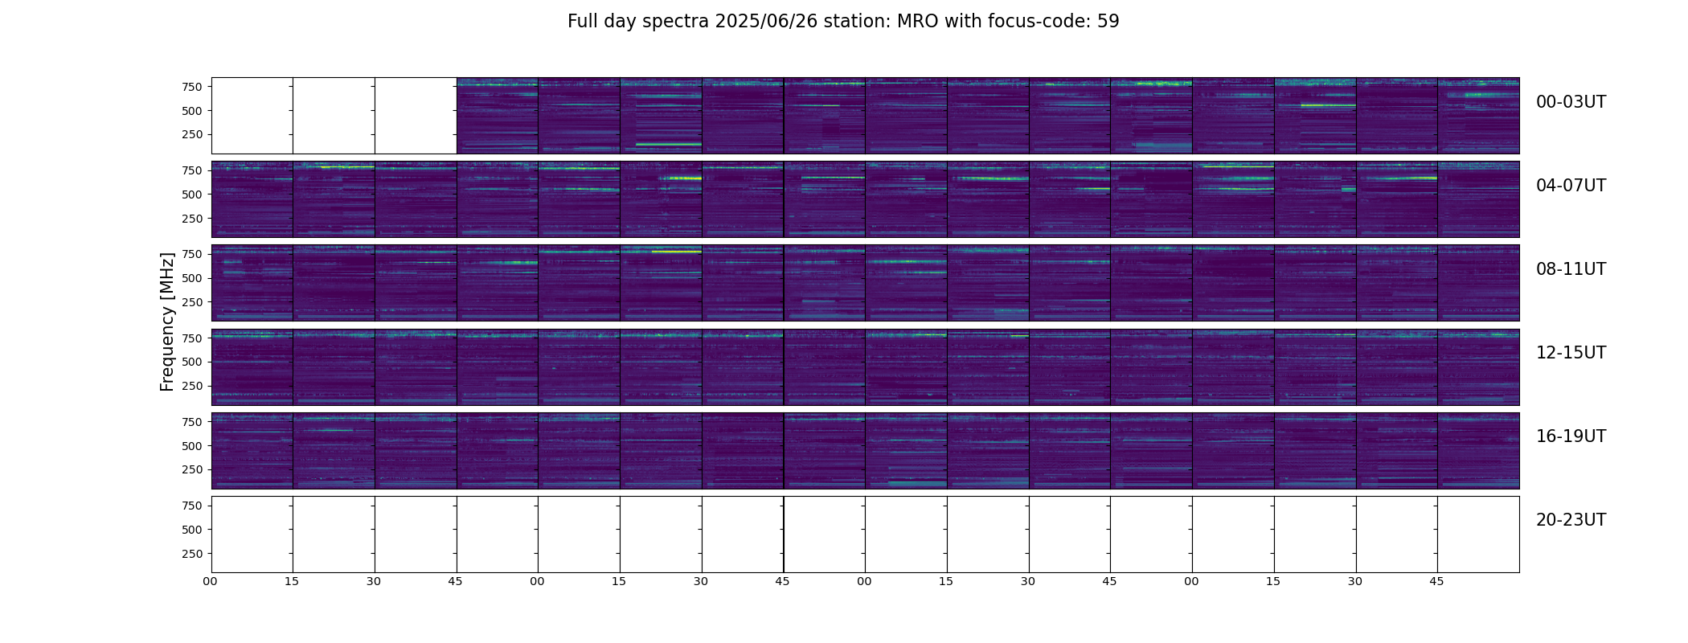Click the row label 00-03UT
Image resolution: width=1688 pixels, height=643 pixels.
(1571, 102)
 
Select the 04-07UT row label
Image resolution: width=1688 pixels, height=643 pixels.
(1571, 186)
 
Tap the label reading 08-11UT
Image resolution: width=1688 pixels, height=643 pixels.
(1571, 269)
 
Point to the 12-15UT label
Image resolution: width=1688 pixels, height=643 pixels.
(1571, 353)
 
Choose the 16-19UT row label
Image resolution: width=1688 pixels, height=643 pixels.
(1571, 436)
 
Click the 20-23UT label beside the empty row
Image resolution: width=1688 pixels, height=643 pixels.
(1571, 520)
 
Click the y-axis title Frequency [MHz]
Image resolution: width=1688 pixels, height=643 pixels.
(167, 321)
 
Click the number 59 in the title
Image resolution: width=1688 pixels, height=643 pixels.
(1108, 22)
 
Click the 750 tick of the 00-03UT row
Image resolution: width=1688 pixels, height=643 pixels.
(191, 87)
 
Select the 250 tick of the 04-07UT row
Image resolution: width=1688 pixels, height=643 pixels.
(191, 219)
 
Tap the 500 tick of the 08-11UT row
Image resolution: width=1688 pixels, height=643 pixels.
(191, 278)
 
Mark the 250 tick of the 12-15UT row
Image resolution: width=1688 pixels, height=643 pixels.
(191, 386)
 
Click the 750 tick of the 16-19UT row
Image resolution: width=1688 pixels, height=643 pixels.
(191, 422)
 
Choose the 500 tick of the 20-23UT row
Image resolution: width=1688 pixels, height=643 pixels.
(191, 530)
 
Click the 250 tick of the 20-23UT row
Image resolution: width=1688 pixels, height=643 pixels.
(191, 554)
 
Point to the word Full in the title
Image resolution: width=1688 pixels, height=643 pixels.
(581, 22)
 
